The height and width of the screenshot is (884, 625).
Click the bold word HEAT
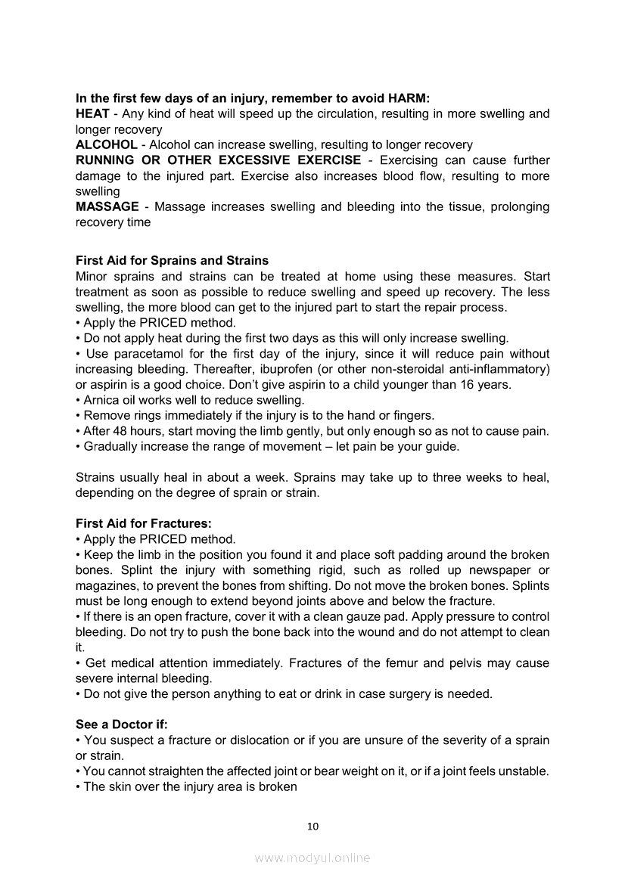(92, 113)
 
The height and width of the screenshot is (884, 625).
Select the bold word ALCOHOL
(107, 144)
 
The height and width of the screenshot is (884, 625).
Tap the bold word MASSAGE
(107, 206)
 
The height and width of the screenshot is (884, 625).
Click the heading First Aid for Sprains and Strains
(173, 261)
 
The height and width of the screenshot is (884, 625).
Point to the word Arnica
(101, 400)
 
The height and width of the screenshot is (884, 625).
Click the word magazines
(106, 585)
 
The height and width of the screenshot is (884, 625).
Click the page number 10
(312, 826)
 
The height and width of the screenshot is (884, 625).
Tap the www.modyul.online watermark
(312, 858)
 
